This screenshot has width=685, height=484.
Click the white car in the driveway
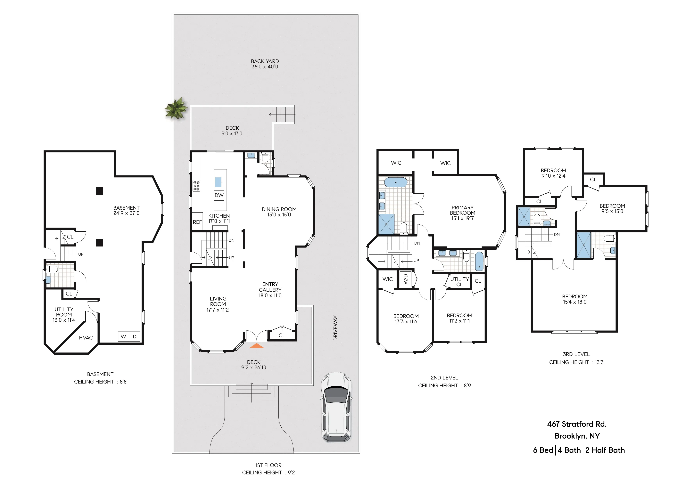[336, 407]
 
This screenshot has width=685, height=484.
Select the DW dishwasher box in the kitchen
[219, 195]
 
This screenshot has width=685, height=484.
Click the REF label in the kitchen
[197, 222]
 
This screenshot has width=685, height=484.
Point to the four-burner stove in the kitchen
[196, 185]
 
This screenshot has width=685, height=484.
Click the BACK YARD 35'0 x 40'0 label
[265, 64]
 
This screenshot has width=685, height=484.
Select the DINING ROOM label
[279, 212]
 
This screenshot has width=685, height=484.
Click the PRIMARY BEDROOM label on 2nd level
[462, 213]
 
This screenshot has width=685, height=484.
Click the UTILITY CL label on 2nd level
[459, 281]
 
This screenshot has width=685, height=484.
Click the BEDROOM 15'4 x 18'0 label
[575, 299]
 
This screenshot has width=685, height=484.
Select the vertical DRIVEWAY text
[335, 328]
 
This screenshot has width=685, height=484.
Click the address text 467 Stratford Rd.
[577, 424]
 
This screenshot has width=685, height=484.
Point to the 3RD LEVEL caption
[576, 354]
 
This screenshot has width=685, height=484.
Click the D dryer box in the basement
[135, 337]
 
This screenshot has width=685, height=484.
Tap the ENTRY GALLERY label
[270, 290]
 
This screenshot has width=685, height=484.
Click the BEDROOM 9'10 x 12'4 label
[553, 173]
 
